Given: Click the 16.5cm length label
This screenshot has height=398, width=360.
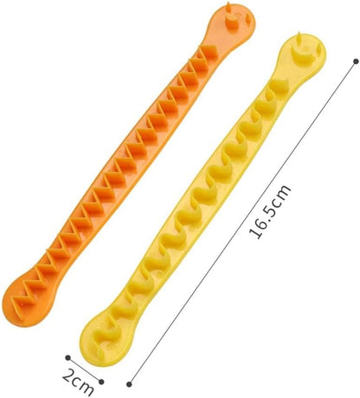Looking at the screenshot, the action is tap(270, 212).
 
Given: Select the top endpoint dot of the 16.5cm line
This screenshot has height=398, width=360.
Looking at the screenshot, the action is tap(356, 61).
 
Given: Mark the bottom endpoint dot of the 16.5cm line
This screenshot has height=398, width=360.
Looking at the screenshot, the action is tap(130, 384).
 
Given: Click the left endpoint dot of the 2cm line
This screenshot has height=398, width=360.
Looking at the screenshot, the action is tap(67, 357).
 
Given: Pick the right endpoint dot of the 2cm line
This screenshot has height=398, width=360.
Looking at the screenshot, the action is tap(101, 382).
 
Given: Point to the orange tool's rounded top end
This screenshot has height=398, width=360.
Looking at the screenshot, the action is tap(233, 23).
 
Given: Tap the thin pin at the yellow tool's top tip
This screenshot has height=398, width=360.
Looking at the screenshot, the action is tap(297, 39).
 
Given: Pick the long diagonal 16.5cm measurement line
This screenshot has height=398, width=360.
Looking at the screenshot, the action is tap(243, 222).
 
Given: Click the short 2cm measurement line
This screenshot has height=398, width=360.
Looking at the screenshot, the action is tap(85, 369).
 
